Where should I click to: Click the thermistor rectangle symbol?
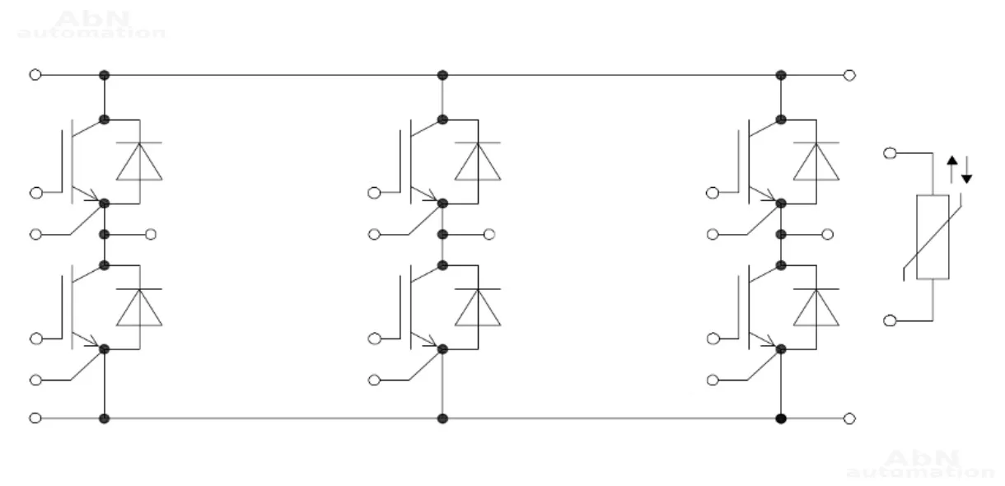pyautogui.click(x=933, y=237)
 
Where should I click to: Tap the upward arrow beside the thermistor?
pyautogui.click(x=952, y=168)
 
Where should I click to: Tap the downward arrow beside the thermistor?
pyautogui.click(x=966, y=170)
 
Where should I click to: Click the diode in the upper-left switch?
pyautogui.click(x=138, y=162)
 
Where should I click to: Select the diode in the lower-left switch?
pyautogui.click(x=138, y=308)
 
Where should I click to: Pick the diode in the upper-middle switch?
pyautogui.click(x=478, y=162)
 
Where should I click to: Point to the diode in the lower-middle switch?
pyautogui.click(x=478, y=308)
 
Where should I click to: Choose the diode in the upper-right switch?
pyautogui.click(x=816, y=162)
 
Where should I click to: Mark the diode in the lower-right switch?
pyautogui.click(x=816, y=308)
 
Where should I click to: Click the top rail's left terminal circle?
pyautogui.click(x=35, y=75)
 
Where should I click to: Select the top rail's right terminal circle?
pyautogui.click(x=850, y=75)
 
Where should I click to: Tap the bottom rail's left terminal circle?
pyautogui.click(x=35, y=418)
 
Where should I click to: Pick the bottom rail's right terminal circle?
pyautogui.click(x=850, y=418)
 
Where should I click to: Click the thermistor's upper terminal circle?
pyautogui.click(x=890, y=153)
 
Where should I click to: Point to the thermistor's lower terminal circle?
pyautogui.click(x=890, y=320)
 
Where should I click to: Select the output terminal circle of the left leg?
pyautogui.click(x=151, y=235)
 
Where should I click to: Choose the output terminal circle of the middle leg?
pyautogui.click(x=489, y=235)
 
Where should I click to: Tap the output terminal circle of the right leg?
pyautogui.click(x=828, y=235)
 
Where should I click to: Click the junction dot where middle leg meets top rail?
pyautogui.click(x=442, y=75)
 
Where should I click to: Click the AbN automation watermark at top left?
pyautogui.click(x=91, y=26)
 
